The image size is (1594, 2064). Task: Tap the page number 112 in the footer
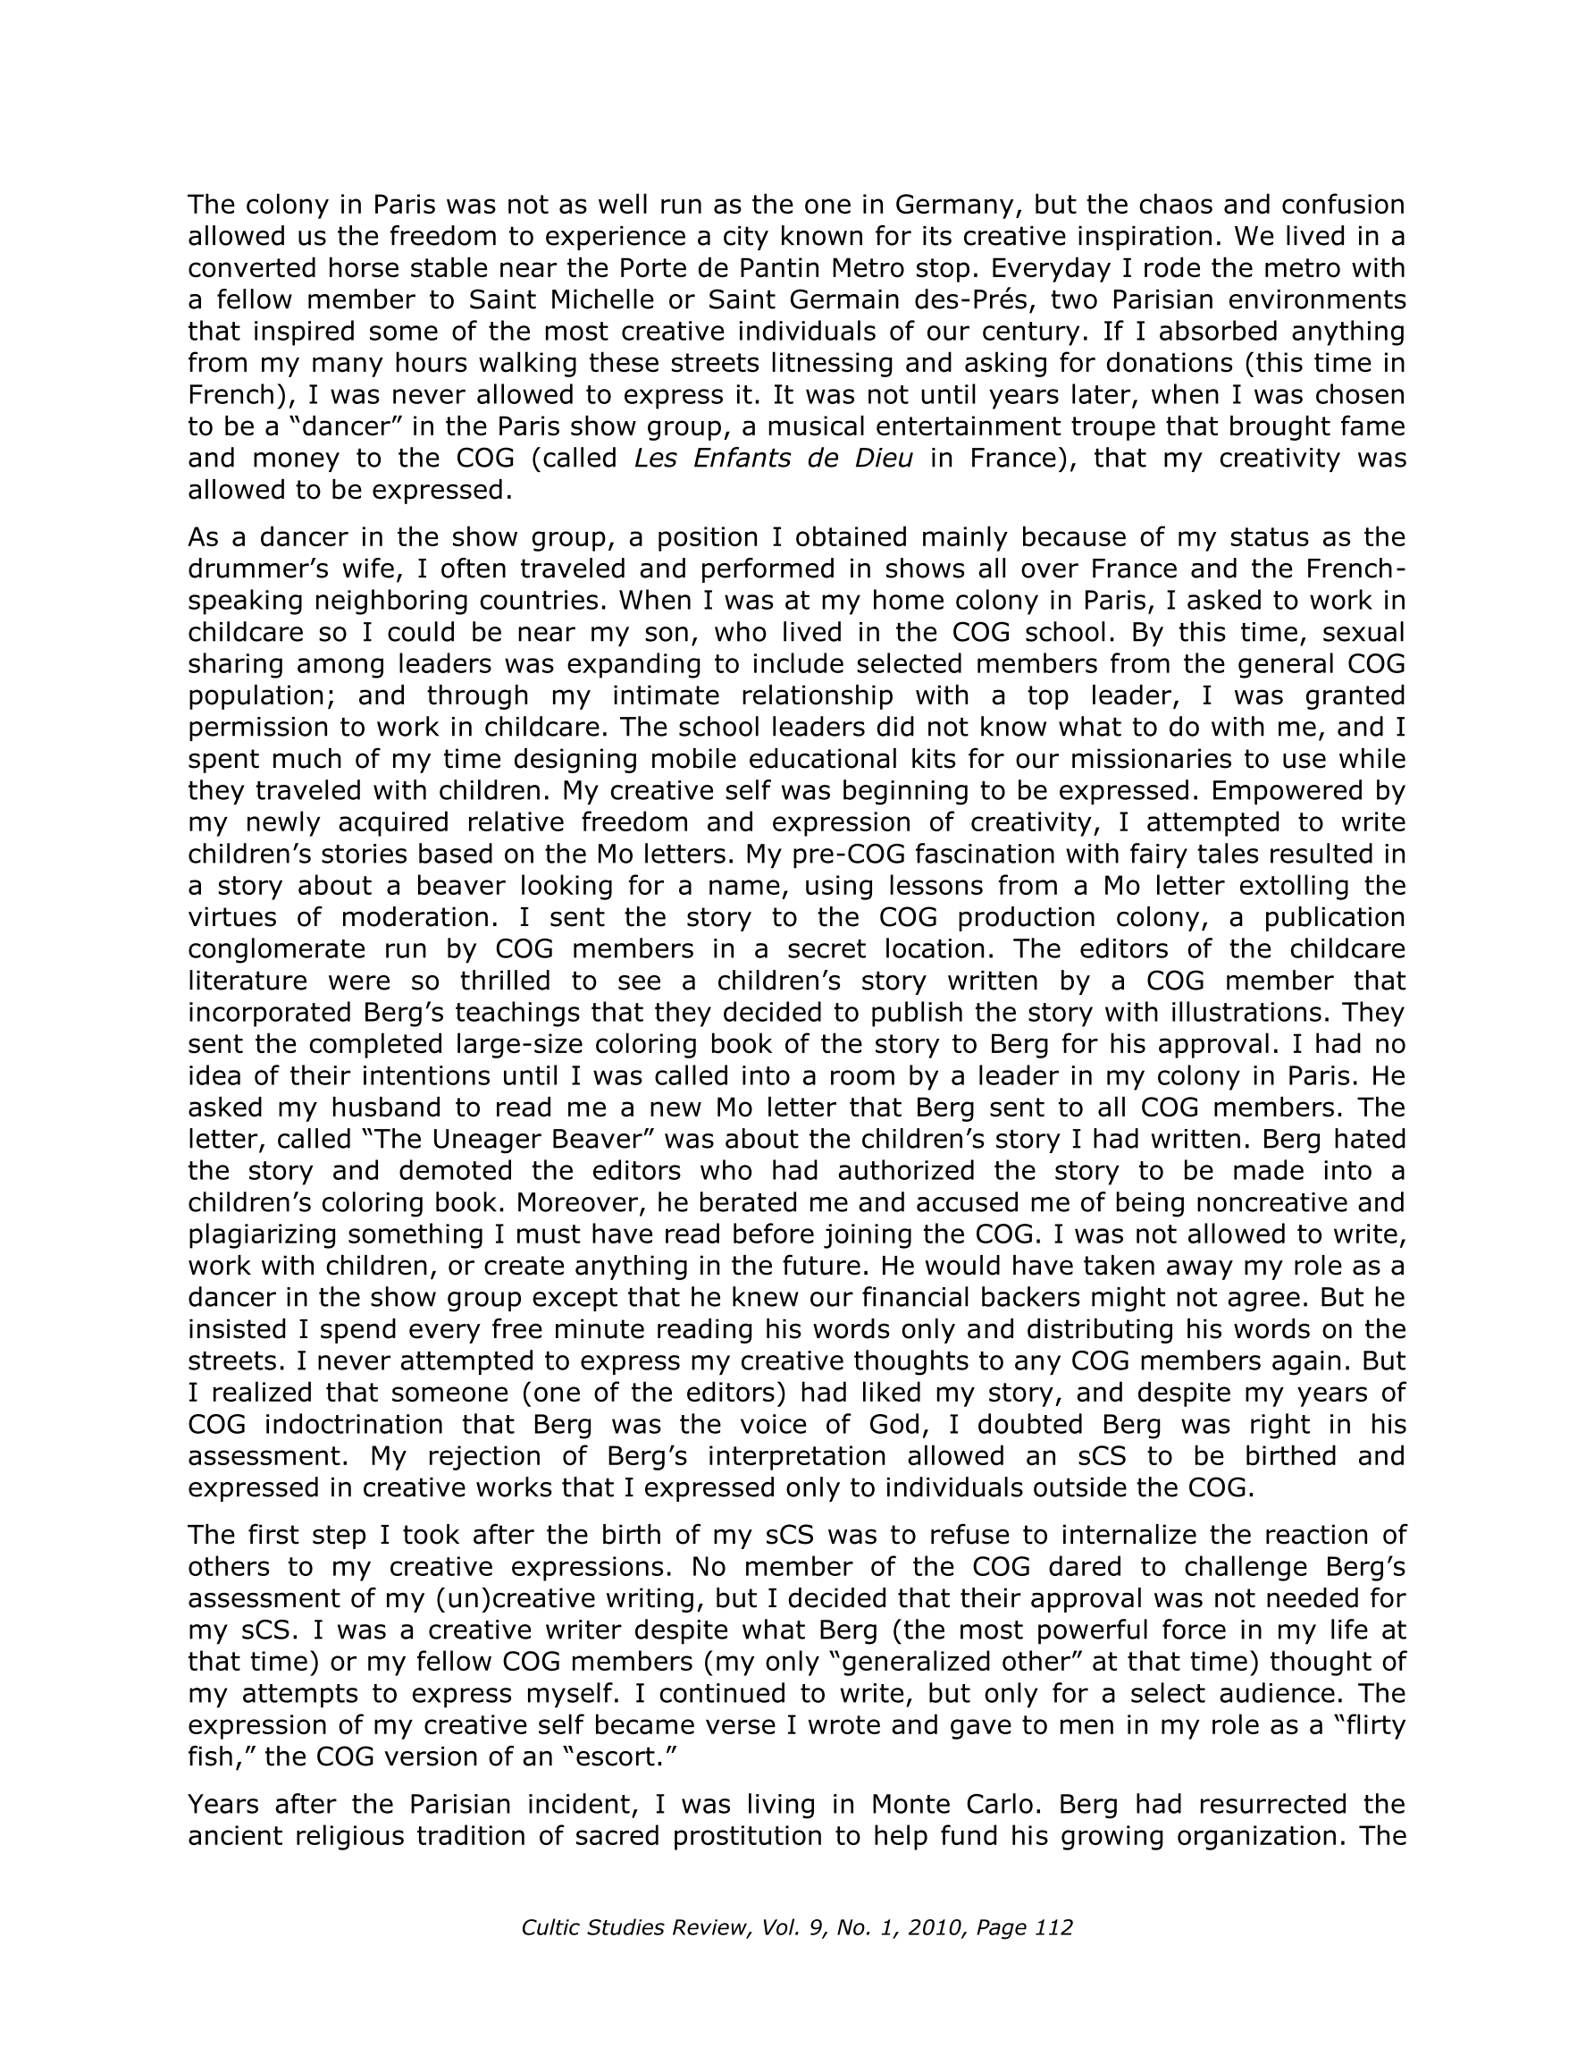(1053, 1927)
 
